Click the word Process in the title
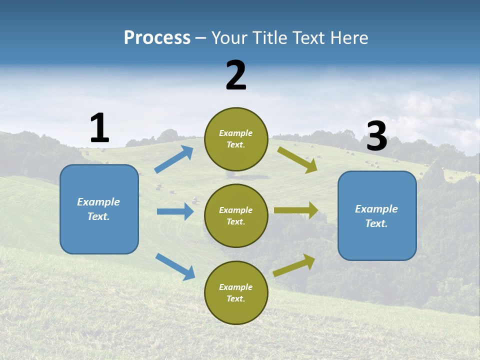[157, 38]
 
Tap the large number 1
[99, 128]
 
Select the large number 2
[236, 75]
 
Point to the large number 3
[376, 136]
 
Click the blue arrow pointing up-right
[174, 159]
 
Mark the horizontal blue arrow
[175, 211]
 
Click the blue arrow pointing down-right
[175, 266]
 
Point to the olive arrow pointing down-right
[297, 159]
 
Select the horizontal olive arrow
[296, 210]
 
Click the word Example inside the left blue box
[98, 202]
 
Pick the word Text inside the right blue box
[376, 223]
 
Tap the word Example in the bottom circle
[235, 287]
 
